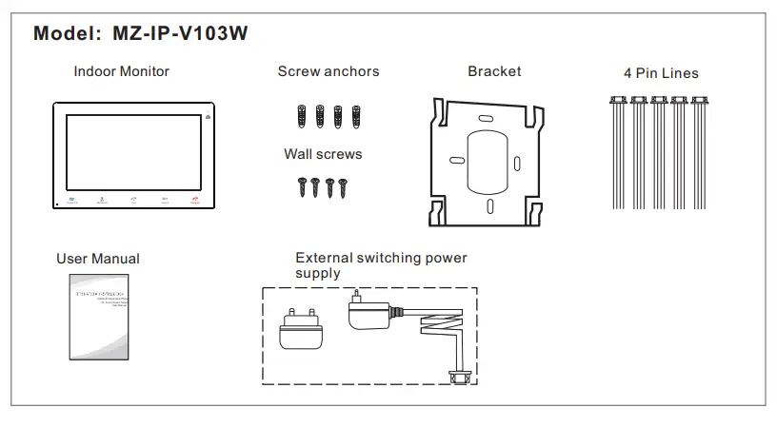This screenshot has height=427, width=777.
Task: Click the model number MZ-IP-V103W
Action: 180,32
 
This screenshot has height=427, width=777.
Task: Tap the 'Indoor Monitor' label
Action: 122,71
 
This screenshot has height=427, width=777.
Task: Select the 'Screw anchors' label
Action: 329,71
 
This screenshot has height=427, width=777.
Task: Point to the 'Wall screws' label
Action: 323,153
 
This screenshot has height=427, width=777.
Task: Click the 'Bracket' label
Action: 494,71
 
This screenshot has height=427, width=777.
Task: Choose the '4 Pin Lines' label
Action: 661,73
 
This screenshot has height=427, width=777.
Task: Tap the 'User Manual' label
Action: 98,259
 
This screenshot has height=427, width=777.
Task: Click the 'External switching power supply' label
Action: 381,265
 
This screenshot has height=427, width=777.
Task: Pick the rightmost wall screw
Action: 344,186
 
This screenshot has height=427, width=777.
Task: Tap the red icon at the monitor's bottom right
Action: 194,200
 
